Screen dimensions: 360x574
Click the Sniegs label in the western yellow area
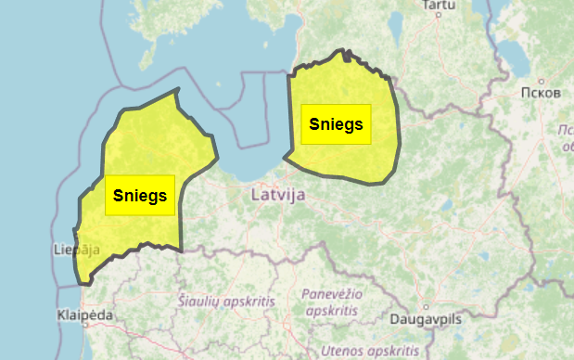pyautogui.click(x=140, y=195)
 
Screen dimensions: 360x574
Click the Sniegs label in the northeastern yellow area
pyautogui.click(x=336, y=123)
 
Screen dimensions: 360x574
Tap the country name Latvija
pyautogui.click(x=278, y=195)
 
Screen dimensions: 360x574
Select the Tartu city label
pyautogui.click(x=440, y=6)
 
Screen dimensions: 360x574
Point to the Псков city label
pyautogui.click(x=541, y=93)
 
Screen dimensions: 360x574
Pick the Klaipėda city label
pyautogui.click(x=84, y=315)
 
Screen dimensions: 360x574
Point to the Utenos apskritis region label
pyautogui.click(x=369, y=351)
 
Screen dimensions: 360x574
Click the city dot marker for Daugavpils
pyautogui.click(x=427, y=305)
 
